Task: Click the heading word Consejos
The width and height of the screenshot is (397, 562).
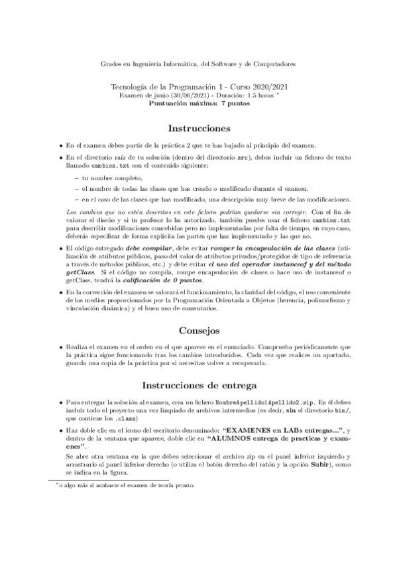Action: [x=199, y=330]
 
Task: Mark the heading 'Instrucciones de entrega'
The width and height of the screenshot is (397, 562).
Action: [x=199, y=386]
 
